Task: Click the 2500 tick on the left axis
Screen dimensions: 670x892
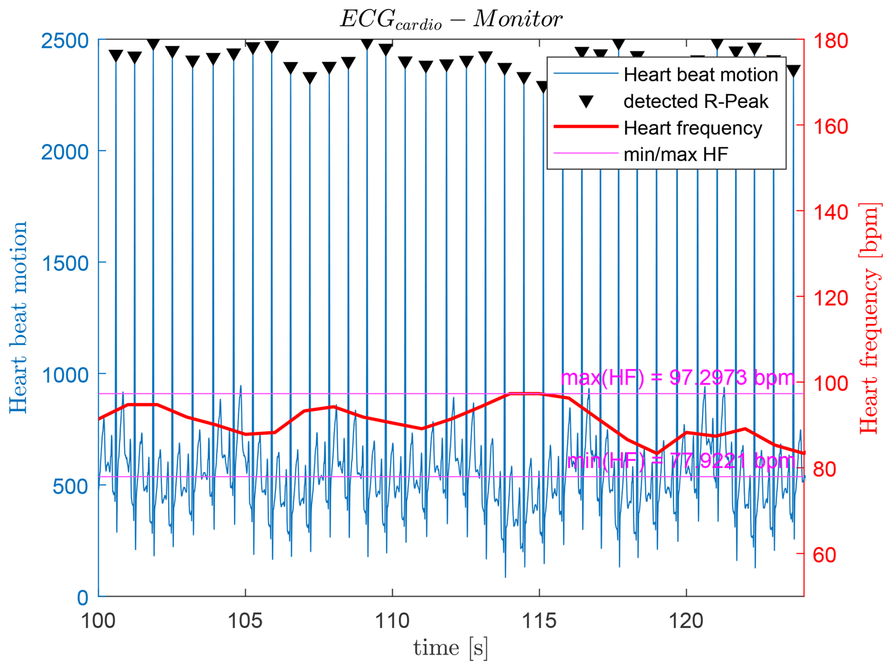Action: pyautogui.click(x=65, y=41)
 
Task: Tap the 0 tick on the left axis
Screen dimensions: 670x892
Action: pyautogui.click(x=83, y=598)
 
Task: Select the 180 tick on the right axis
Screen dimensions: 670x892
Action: pyautogui.click(x=830, y=41)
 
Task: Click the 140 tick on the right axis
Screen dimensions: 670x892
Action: pyautogui.click(x=830, y=212)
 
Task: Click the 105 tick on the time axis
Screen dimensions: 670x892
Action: pyautogui.click(x=245, y=621)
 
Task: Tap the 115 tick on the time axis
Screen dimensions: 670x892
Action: pyautogui.click(x=539, y=621)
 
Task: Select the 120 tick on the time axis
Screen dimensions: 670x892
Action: pyautogui.click(x=686, y=621)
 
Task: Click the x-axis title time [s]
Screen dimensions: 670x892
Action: pyautogui.click(x=450, y=648)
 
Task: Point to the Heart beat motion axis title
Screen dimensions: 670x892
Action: pyautogui.click(x=19, y=318)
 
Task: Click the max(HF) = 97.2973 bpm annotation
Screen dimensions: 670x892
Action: pyautogui.click(x=677, y=378)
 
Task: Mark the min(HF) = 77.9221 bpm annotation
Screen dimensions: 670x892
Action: pyautogui.click(x=681, y=461)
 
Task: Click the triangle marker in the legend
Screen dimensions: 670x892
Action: pyautogui.click(x=586, y=101)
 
